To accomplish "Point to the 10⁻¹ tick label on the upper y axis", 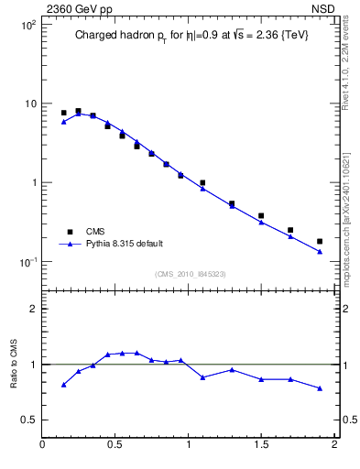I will tap(27, 262).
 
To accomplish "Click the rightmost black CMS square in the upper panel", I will tap(320, 242).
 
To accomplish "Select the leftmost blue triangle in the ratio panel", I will tap(63, 385).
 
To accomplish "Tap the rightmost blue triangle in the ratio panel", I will tap(320, 388).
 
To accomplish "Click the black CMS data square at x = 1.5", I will tap(261, 216).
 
